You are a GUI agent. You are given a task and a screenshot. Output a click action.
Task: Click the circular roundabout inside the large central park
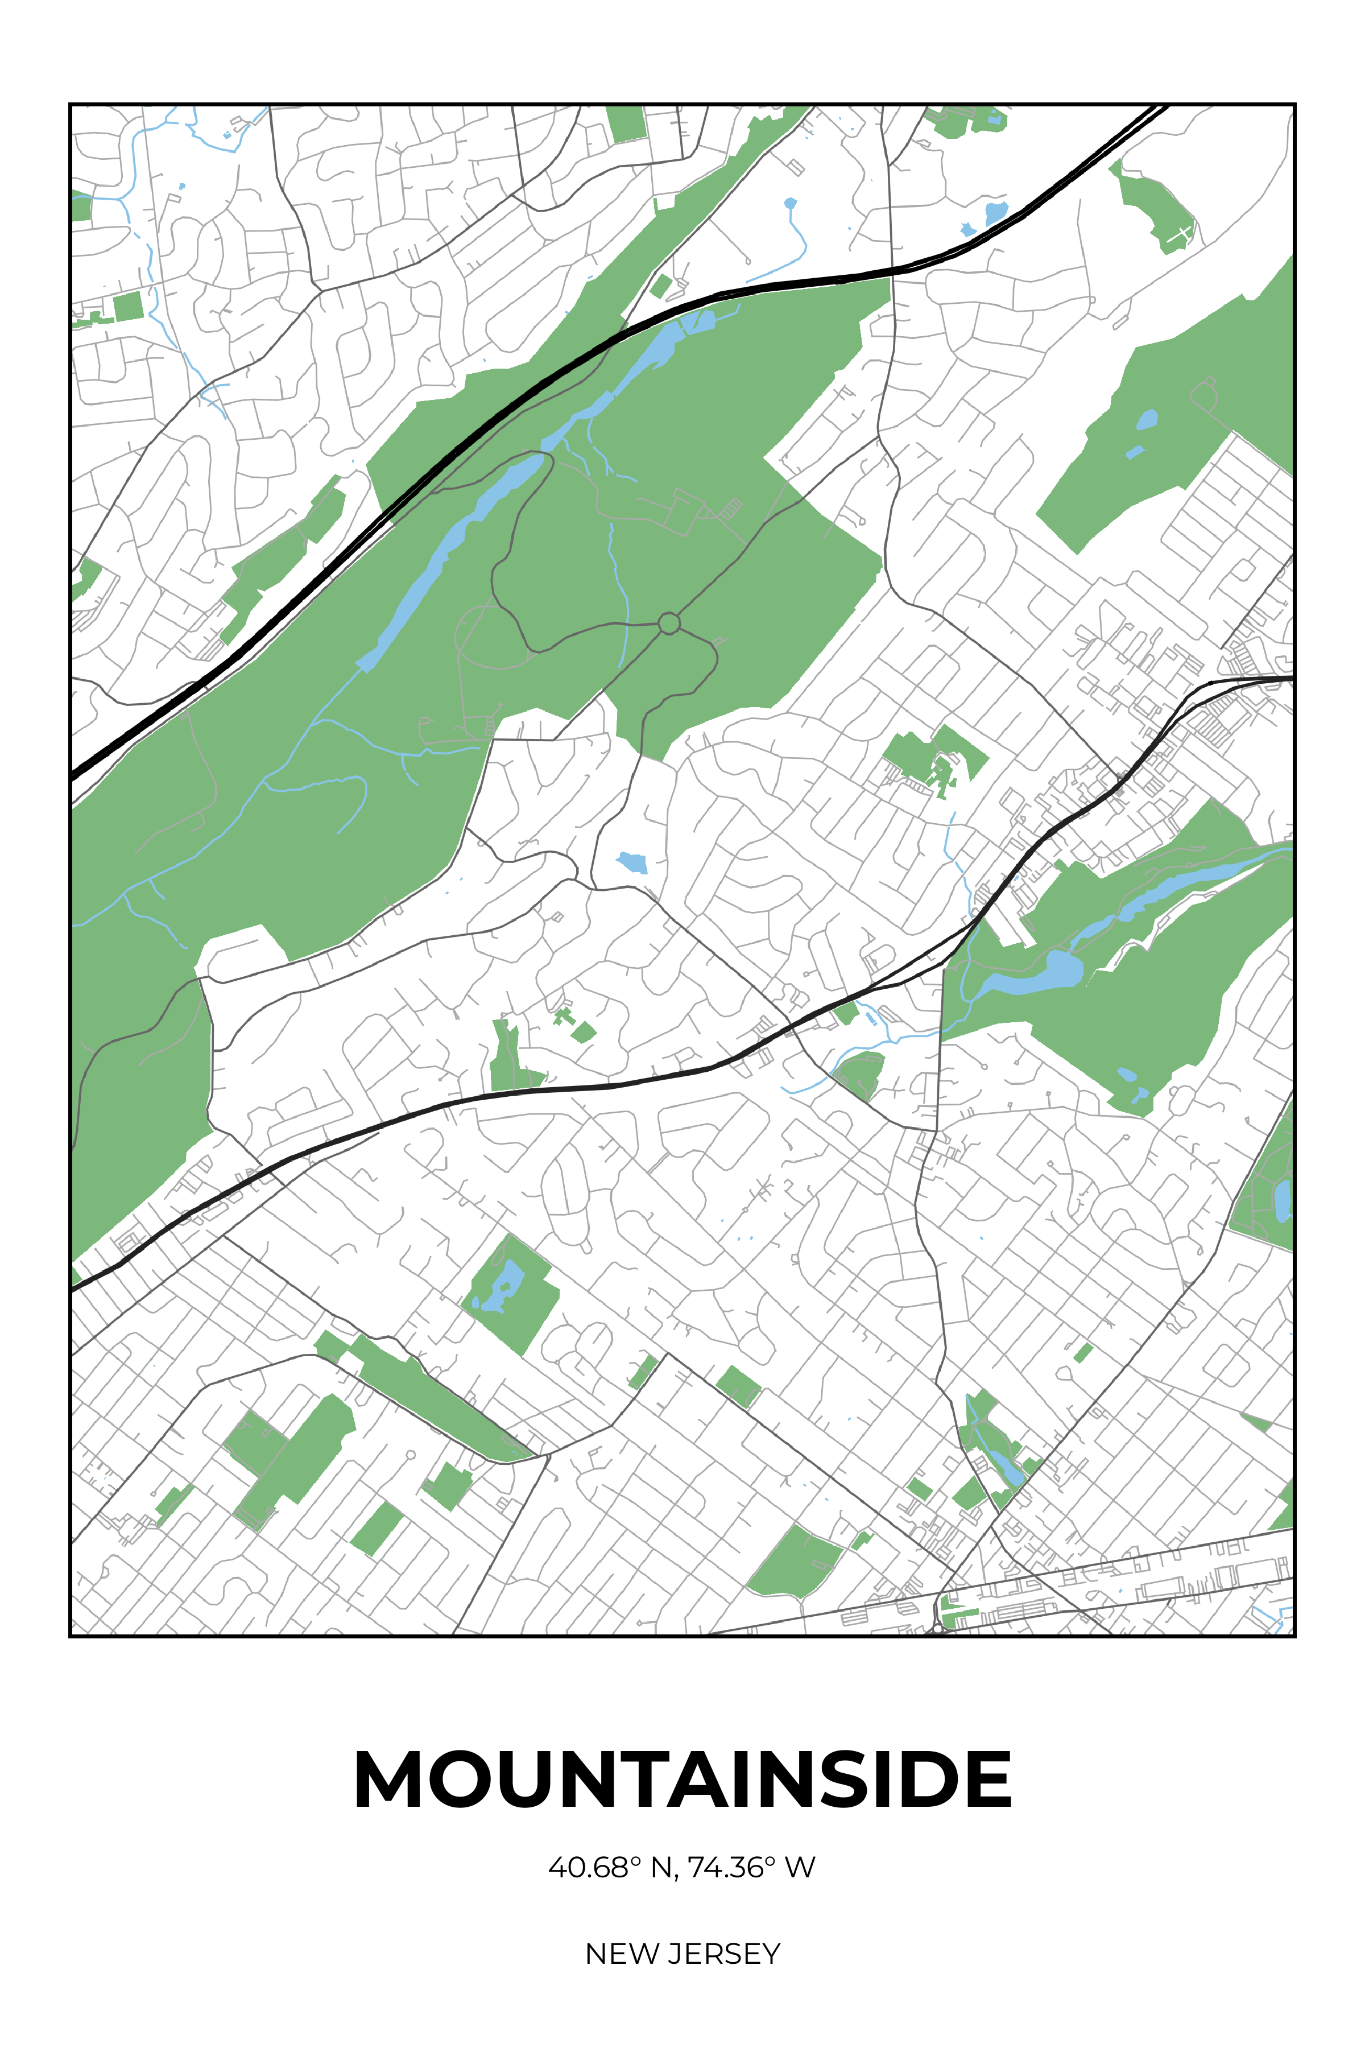click(669, 624)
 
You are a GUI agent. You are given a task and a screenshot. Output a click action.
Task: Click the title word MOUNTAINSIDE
click(682, 1781)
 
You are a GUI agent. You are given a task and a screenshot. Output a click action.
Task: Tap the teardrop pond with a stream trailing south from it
click(789, 204)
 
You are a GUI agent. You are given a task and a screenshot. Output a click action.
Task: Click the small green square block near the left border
click(128, 307)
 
